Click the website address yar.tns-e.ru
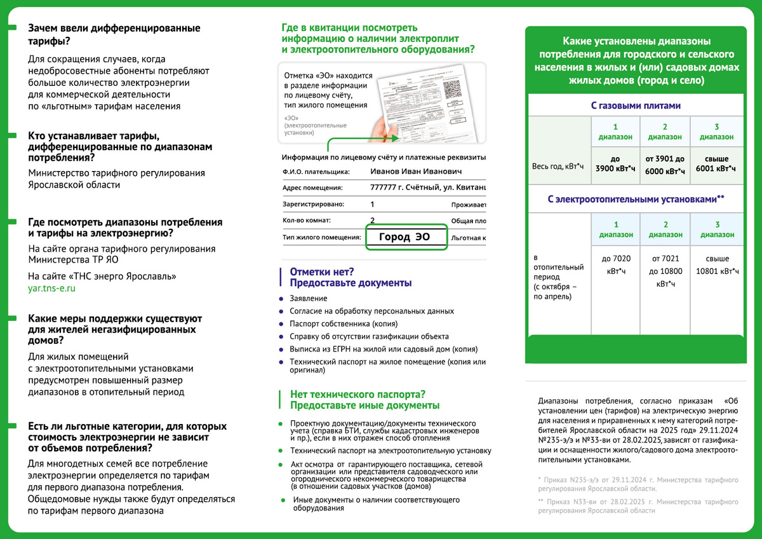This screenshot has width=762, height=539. click(x=52, y=289)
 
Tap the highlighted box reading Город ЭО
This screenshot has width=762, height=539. click(x=406, y=237)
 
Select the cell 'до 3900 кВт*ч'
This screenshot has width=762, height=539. click(x=615, y=165)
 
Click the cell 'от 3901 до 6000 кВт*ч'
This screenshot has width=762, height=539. click(x=665, y=165)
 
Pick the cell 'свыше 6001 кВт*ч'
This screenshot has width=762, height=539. click(x=716, y=165)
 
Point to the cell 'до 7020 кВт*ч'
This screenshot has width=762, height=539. click(x=615, y=264)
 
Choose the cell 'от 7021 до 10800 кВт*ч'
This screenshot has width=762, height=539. click(x=665, y=271)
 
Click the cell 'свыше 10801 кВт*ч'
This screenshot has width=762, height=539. click(x=717, y=264)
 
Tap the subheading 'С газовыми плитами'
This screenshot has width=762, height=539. click(x=635, y=106)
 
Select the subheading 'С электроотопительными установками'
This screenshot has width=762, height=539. click(x=635, y=200)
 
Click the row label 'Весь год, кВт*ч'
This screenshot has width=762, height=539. click(x=558, y=167)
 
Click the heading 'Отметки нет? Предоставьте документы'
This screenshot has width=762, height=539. click(x=351, y=277)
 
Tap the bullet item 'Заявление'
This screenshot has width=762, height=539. click(x=309, y=299)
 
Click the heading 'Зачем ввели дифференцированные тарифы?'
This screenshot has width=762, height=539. click(x=114, y=35)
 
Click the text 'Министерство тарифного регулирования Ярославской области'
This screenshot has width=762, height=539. click(x=117, y=179)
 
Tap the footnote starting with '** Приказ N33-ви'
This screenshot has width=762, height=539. click(x=638, y=506)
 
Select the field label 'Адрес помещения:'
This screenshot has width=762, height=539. click(x=312, y=188)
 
